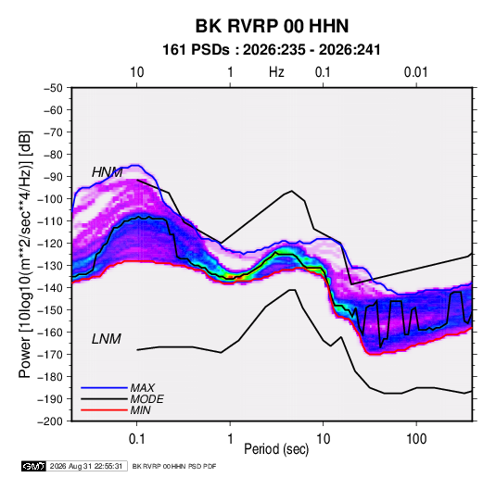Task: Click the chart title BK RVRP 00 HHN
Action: tap(272, 26)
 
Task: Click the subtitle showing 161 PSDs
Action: tap(271, 50)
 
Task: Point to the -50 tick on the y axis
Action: tap(53, 88)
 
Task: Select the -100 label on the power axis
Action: tap(51, 199)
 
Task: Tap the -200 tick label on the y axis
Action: tap(51, 421)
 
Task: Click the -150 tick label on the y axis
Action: tap(51, 310)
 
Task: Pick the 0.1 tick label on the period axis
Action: tap(136, 439)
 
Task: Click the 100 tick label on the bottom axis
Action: tap(416, 439)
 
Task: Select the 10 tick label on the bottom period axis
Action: tap(323, 439)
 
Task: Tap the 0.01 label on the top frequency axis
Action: tap(415, 72)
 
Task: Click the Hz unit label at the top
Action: tap(276, 72)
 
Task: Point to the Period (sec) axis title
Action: tap(276, 449)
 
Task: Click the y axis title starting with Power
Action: tap(25, 255)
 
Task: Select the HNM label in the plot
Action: tap(107, 172)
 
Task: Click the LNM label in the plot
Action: tap(107, 339)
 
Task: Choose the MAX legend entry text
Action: tap(143, 388)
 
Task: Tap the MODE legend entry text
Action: tap(147, 399)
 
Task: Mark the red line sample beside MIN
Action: tap(104, 410)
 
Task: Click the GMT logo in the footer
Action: tap(33, 466)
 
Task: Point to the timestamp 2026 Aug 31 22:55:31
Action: tap(86, 466)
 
